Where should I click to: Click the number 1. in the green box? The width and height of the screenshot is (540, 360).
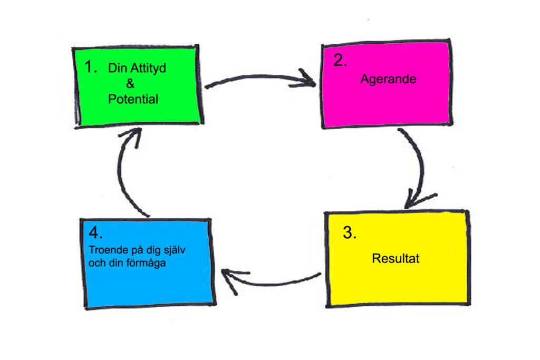click(91, 67)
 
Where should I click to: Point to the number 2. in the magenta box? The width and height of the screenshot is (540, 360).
click(340, 60)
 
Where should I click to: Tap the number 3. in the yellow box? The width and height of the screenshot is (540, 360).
click(349, 232)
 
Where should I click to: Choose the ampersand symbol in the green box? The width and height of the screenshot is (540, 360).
click(130, 83)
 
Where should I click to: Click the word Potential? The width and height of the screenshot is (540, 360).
click(133, 99)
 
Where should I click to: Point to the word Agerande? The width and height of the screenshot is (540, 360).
click(388, 79)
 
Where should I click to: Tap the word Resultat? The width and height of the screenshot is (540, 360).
click(396, 259)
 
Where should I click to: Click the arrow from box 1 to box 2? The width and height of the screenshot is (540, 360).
click(258, 79)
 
